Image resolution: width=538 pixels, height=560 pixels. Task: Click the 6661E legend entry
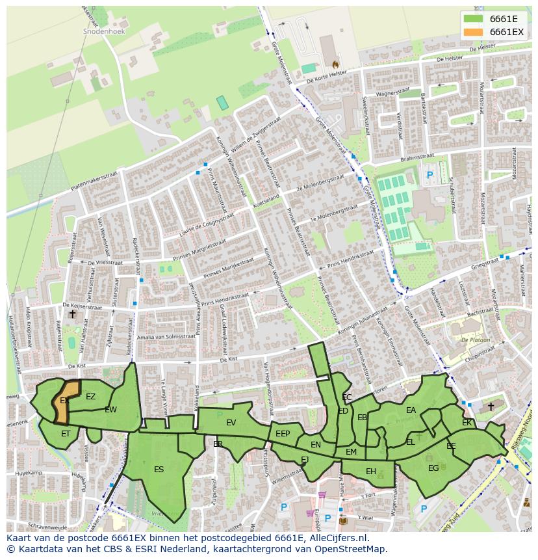503,18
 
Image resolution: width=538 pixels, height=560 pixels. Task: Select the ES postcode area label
159,469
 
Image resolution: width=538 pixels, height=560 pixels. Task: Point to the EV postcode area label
231,423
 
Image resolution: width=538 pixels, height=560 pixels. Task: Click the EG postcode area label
433,467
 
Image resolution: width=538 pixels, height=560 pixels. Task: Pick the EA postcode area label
411,410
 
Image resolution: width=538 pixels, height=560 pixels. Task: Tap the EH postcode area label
370,472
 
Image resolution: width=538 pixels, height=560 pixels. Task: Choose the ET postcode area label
66,433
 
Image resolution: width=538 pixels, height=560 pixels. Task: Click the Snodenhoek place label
104,31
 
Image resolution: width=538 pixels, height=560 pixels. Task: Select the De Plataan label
474,340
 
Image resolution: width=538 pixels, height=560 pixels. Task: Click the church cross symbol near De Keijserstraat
72,314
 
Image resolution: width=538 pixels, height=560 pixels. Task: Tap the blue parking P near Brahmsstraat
429,175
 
